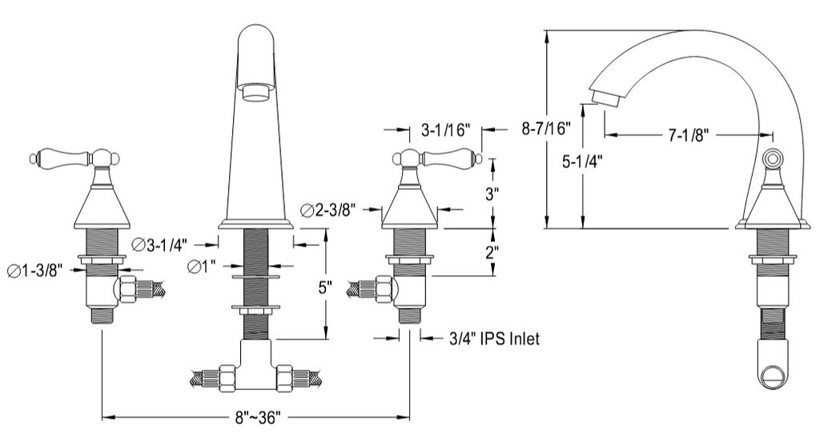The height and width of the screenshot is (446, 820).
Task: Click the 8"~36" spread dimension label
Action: (257, 418)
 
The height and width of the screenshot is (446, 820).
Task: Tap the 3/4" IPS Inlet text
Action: (494, 339)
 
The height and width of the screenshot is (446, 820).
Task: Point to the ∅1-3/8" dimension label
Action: (35, 271)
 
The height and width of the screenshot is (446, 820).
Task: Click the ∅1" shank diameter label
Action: (202, 267)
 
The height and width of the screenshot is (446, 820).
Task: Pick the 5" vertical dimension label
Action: (324, 288)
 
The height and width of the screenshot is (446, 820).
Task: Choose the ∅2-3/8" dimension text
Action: (329, 211)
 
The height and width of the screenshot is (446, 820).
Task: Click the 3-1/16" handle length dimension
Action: (446, 130)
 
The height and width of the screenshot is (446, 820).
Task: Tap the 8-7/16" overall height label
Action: (546, 128)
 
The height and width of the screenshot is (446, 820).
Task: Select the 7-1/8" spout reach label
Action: (688, 135)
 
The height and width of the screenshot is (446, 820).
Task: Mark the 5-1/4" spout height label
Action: (582, 162)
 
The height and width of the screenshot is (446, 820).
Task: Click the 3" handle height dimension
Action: (492, 195)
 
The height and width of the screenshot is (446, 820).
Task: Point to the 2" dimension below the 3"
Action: (492, 252)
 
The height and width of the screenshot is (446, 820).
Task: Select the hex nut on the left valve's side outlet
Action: (127, 290)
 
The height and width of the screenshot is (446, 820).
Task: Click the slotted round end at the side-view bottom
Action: (773, 376)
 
